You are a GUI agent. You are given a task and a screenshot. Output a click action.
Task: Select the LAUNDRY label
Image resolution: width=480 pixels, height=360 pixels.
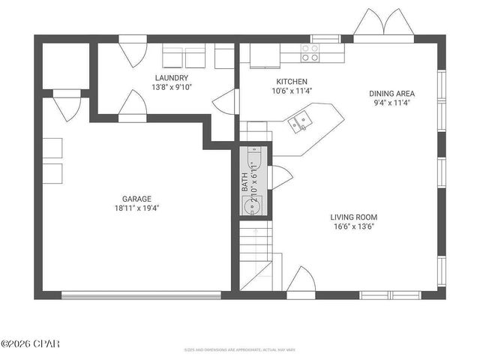(171, 78)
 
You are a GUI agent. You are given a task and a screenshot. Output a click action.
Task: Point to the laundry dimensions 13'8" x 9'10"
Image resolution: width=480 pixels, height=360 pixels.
(171, 88)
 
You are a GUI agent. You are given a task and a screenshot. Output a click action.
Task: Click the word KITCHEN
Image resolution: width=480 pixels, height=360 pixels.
(291, 82)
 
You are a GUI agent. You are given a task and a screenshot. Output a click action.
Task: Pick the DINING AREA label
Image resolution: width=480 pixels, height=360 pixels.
(391, 94)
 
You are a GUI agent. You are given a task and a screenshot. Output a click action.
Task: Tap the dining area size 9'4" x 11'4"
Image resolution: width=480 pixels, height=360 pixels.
(391, 104)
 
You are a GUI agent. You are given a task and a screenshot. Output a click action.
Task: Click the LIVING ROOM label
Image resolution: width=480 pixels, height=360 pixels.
(357, 217)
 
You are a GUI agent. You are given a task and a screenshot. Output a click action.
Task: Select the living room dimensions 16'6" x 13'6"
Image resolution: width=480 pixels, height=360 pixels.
(357, 228)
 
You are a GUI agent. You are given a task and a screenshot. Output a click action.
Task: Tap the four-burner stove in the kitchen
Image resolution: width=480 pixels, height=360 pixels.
(309, 52)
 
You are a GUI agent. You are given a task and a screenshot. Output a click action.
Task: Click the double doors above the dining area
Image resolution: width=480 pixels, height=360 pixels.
(383, 25)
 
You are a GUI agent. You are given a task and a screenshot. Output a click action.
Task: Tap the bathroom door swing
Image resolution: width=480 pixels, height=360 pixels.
(278, 177)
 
